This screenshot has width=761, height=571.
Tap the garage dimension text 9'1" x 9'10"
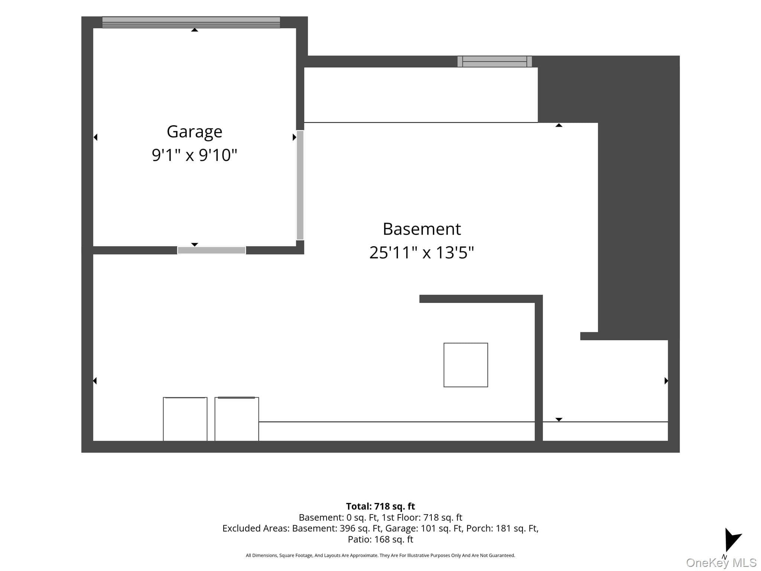pos(194,155)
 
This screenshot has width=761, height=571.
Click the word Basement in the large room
pos(422,229)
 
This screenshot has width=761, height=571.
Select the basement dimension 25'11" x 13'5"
pos(422,252)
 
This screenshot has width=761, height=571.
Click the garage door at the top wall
pos(191,22)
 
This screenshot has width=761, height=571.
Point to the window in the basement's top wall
pos(495,61)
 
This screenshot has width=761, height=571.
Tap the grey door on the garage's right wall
pos(300,185)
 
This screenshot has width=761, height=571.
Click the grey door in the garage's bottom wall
pos(211,250)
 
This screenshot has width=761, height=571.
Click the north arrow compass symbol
pos(732,539)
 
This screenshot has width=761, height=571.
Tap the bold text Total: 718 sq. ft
pos(380,506)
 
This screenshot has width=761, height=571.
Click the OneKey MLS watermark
pos(721,563)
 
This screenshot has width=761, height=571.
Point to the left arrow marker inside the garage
pos(95,138)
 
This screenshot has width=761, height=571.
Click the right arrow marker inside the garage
pos(294,137)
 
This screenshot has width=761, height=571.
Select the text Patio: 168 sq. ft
pos(380,539)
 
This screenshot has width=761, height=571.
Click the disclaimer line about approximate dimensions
pos(380,555)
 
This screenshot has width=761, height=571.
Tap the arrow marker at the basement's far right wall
pos(666,381)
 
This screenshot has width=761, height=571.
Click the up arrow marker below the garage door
pos(194,30)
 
